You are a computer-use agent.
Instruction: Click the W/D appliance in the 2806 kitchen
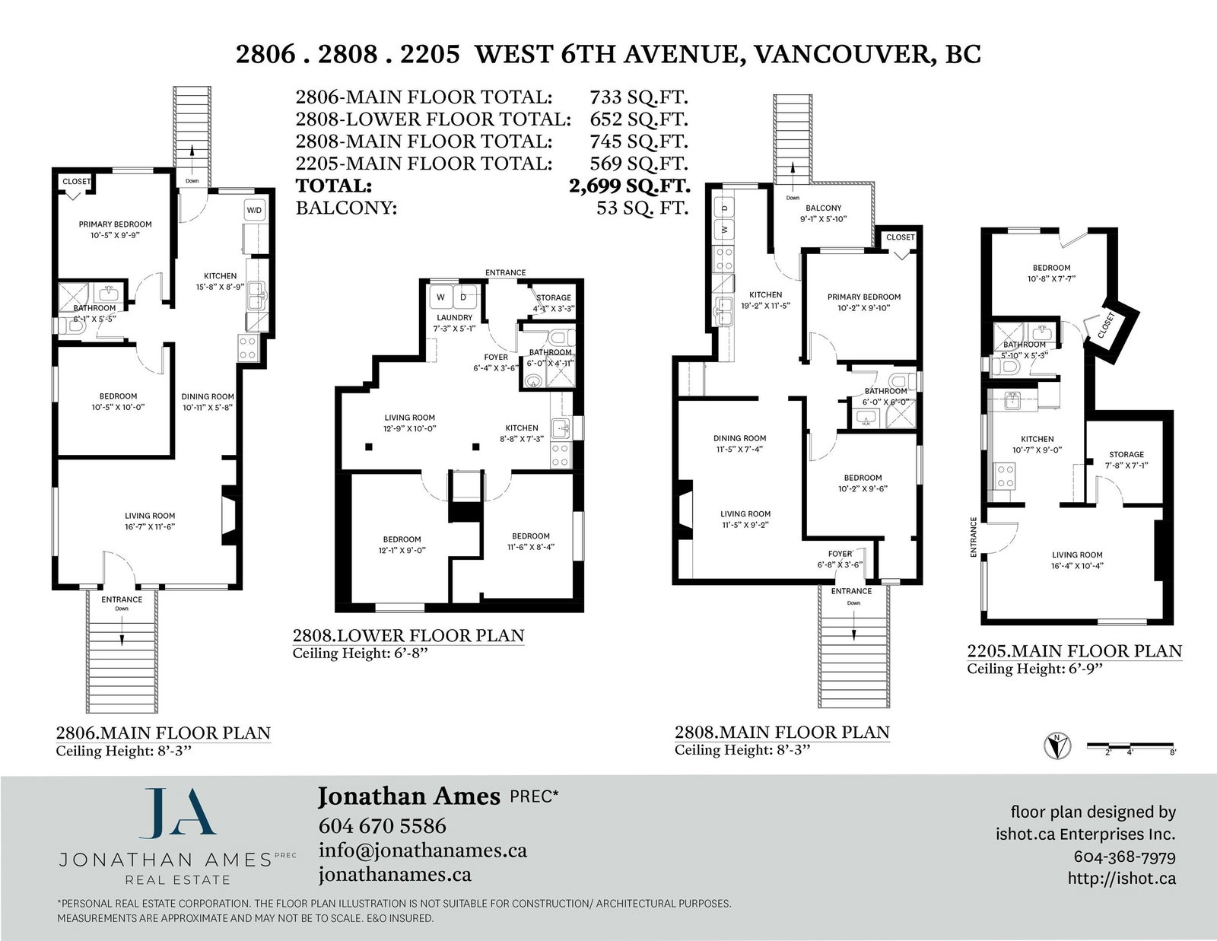254,211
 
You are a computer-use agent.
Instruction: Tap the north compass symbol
1057,745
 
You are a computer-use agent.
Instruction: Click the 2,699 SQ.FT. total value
630,186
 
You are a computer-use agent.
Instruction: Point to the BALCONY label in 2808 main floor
823,208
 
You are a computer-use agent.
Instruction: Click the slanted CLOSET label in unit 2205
1107,326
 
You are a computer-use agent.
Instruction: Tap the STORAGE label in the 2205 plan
1126,454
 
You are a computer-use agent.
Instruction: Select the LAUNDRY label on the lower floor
454,317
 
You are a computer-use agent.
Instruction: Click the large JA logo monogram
177,814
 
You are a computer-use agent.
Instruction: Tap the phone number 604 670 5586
383,825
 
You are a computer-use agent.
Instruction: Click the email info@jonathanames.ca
423,850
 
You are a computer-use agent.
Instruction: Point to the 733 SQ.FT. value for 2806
638,97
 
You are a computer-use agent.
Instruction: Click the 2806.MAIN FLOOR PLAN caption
163,733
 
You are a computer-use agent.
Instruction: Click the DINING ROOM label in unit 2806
207,396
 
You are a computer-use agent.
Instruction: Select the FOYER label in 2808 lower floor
496,357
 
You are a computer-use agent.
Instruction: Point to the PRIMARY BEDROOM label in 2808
864,297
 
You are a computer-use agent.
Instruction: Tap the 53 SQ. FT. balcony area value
643,208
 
